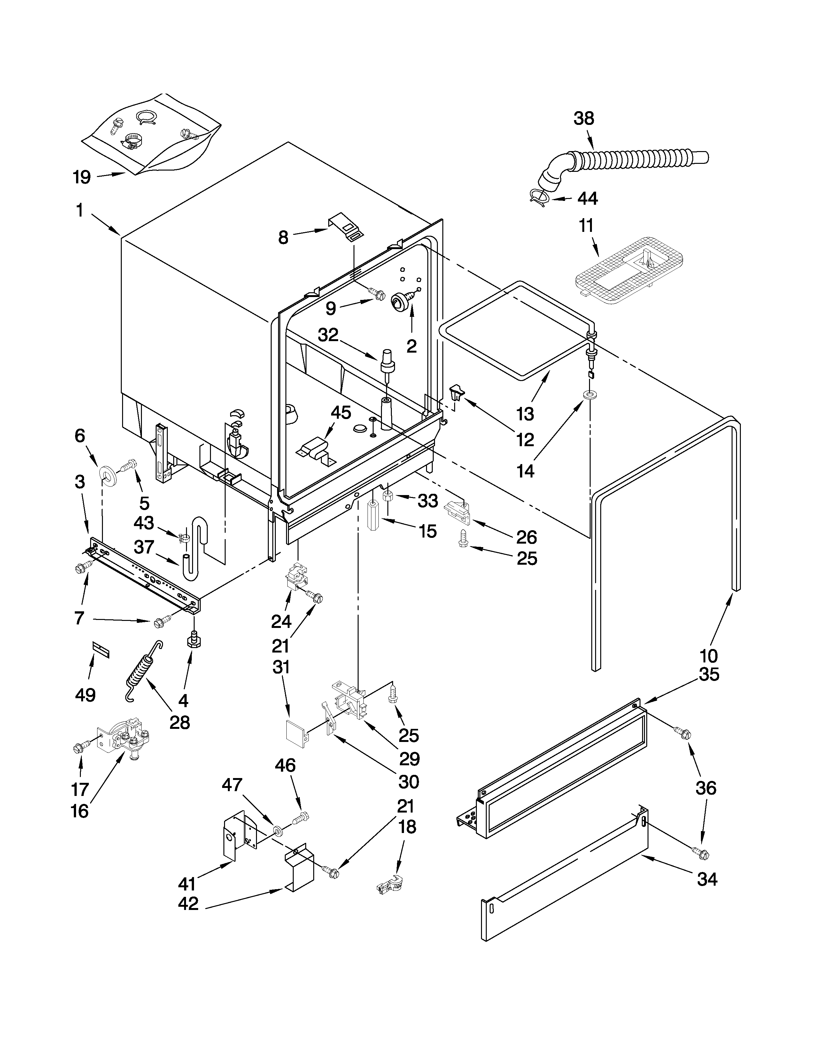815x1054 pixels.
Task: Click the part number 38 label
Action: pyautogui.click(x=583, y=118)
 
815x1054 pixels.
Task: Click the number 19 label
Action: pyautogui.click(x=82, y=177)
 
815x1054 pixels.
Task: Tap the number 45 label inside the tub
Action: pyautogui.click(x=341, y=413)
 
